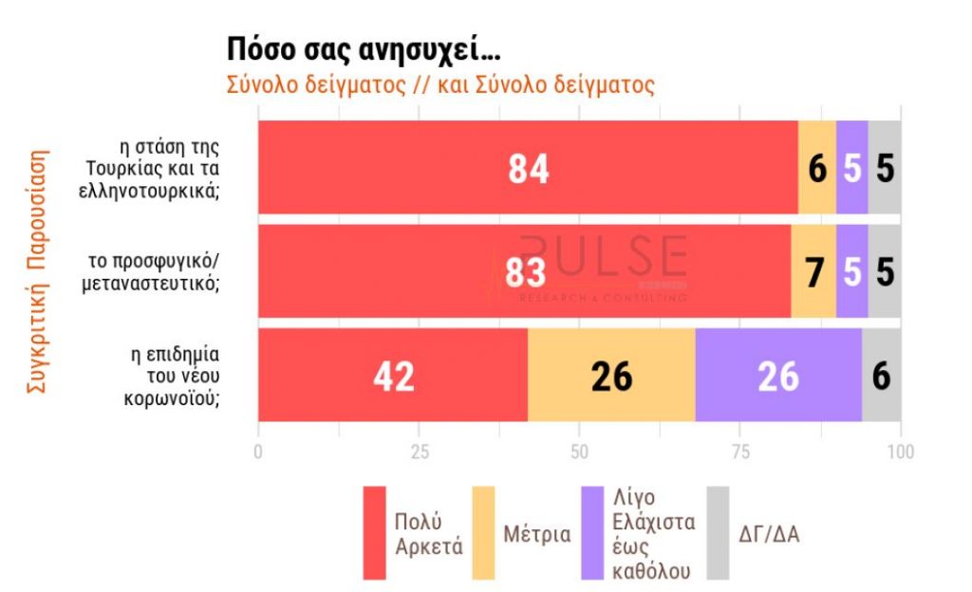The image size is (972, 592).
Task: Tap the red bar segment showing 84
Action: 528,168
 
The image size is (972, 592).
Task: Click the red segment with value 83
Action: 524,272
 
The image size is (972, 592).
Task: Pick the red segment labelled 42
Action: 393,376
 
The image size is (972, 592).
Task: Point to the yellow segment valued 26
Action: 611,376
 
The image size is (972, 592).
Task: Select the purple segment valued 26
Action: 778,376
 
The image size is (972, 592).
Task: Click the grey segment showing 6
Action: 882,376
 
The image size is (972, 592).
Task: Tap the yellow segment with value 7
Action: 813,272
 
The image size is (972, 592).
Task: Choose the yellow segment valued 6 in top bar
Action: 817,168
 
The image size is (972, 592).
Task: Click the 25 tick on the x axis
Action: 419,452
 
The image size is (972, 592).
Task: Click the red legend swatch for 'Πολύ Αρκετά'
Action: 375,533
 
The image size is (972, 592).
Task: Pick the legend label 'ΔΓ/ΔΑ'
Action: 769,534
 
